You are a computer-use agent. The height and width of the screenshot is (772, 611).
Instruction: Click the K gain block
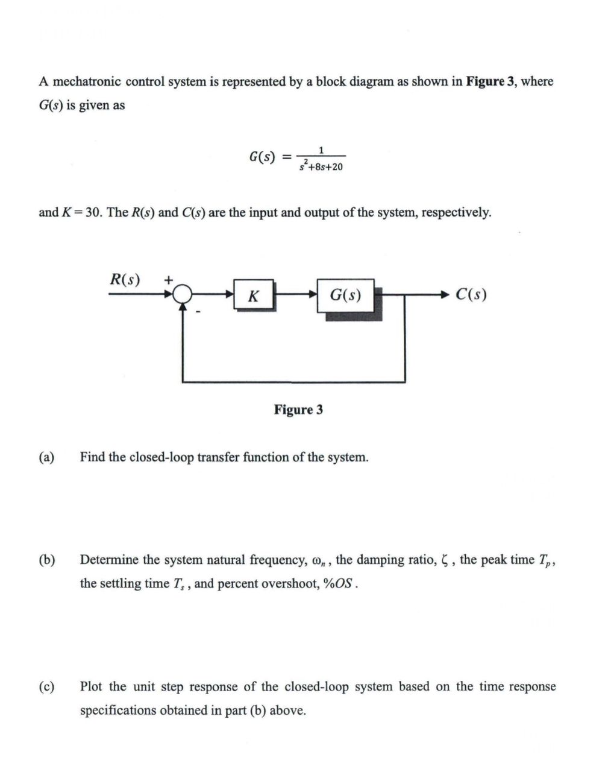[x=254, y=296]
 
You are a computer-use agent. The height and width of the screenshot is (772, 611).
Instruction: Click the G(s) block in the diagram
[x=346, y=296]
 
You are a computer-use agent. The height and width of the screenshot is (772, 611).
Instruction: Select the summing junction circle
[x=182, y=294]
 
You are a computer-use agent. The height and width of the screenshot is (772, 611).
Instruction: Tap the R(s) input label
[x=125, y=280]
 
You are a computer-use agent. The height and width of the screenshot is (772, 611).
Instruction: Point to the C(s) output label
[x=471, y=294]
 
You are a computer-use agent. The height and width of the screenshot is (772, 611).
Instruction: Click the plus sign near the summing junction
[x=169, y=279]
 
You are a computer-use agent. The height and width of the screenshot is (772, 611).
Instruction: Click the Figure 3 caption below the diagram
[x=298, y=410]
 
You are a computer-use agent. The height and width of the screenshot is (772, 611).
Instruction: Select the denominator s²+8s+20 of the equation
[x=321, y=166]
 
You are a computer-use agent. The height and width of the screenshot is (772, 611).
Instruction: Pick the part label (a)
[x=46, y=457]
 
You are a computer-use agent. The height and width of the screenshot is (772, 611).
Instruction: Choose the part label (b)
[x=46, y=560]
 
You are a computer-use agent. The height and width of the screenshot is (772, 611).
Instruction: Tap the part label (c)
[x=46, y=686]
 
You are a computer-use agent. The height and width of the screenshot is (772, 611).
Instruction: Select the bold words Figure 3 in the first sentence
[x=490, y=81]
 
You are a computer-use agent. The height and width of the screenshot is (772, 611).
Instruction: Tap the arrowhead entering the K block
[x=230, y=294]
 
